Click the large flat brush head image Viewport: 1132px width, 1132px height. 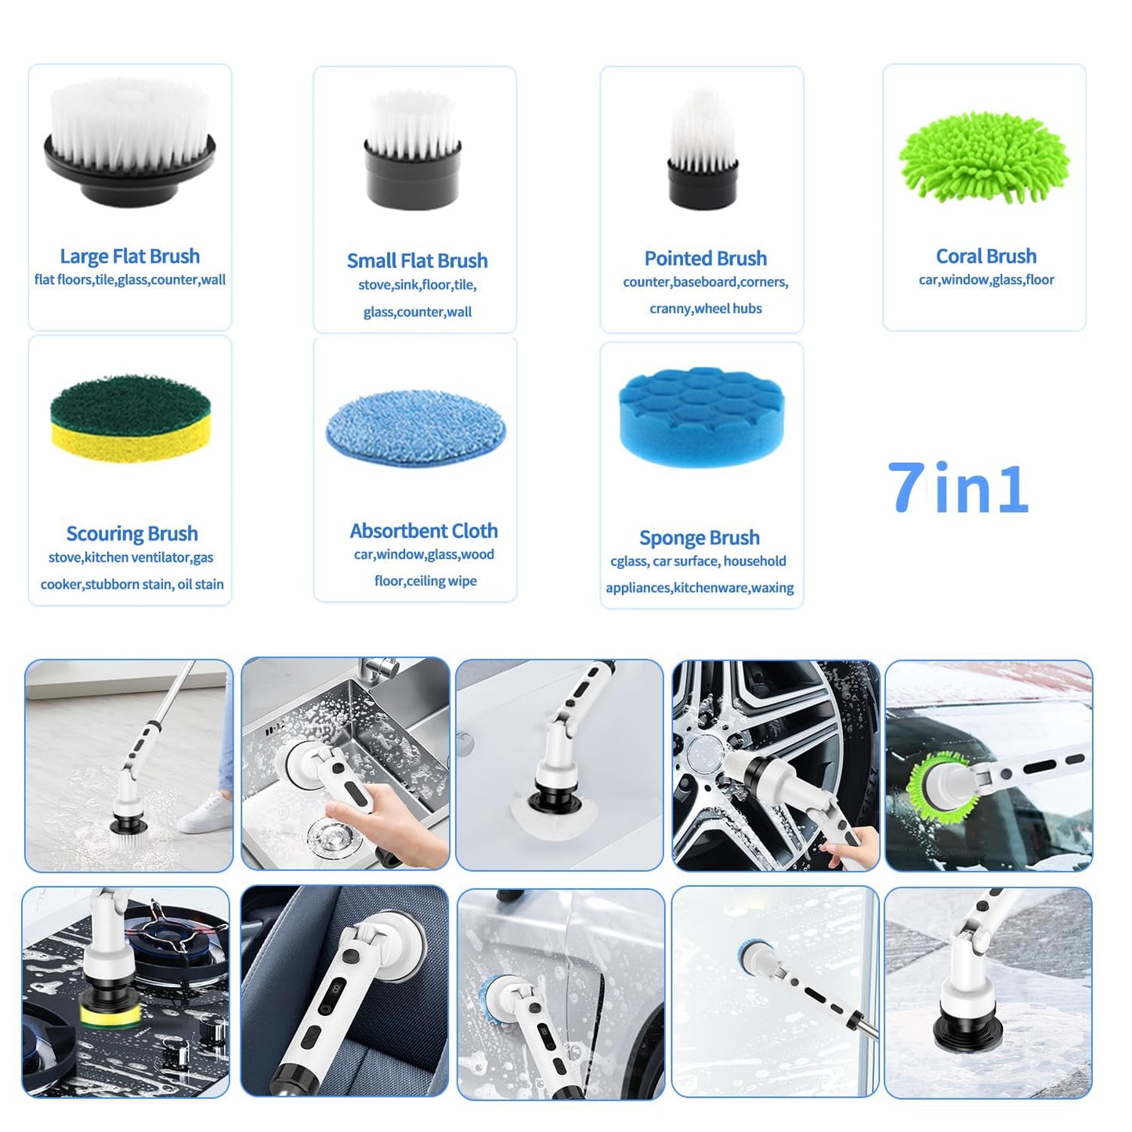coord(130,141)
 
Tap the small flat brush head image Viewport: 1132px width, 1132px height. coord(413,150)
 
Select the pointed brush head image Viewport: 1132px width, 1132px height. coord(703,149)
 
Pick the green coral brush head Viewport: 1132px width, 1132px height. coord(984,157)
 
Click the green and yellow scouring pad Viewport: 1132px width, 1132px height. coord(130,418)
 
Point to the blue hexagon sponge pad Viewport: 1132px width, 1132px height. coord(702,417)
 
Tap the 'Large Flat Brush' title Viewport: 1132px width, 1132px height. coord(130,256)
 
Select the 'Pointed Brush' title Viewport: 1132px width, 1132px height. coord(706,258)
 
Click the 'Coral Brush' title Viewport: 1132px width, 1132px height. coord(986,256)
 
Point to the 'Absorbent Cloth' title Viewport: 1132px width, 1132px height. coord(424,530)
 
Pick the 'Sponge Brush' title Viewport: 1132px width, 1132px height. coord(700,537)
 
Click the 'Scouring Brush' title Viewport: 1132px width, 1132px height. coord(132,533)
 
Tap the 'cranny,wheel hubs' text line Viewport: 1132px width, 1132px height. coord(706,309)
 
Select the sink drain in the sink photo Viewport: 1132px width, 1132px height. coord(323,836)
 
